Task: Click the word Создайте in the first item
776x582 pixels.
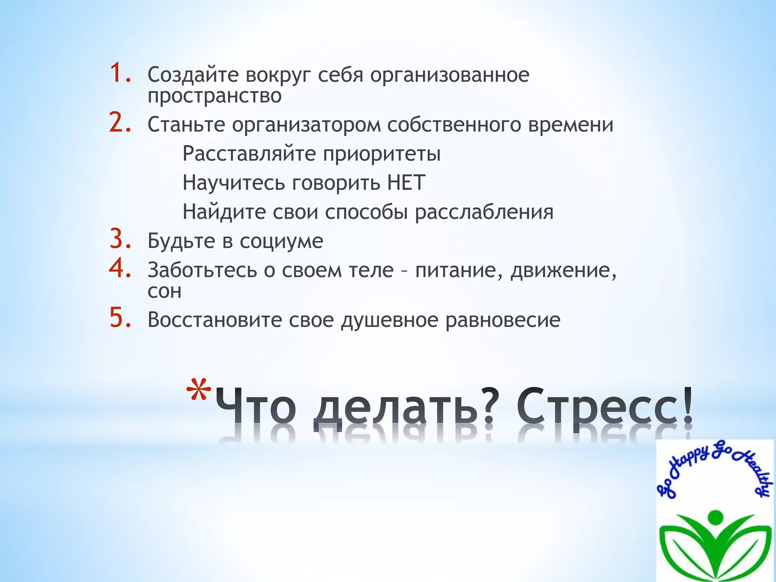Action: pyautogui.click(x=193, y=75)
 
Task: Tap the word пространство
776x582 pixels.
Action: pyautogui.click(x=214, y=95)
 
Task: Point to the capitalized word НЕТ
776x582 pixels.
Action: pyautogui.click(x=406, y=183)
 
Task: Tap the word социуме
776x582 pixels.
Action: pyautogui.click(x=281, y=241)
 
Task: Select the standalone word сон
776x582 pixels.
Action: pyautogui.click(x=164, y=291)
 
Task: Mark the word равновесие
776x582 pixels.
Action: pyautogui.click(x=502, y=320)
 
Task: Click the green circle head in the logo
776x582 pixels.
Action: pyautogui.click(x=715, y=517)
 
